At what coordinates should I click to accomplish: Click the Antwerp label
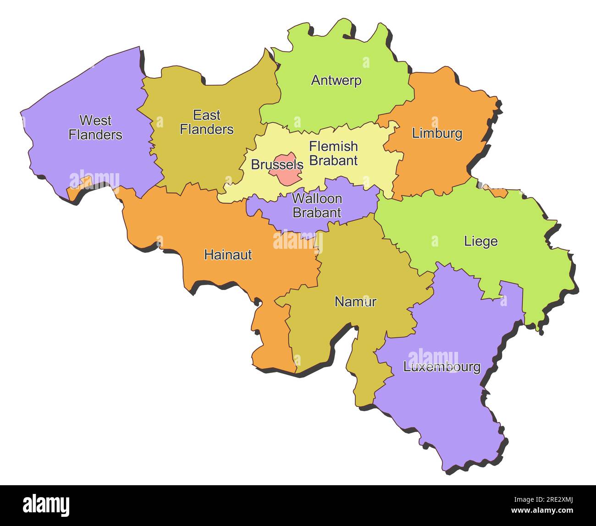coord(336,80)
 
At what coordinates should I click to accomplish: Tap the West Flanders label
coord(95,127)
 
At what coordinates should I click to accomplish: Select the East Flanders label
coord(206,122)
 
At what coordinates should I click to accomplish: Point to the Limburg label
coord(437,133)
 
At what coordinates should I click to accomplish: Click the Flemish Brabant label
coord(333,153)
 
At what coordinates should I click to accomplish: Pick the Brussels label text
coord(277,164)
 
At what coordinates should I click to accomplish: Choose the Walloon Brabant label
coord(317,205)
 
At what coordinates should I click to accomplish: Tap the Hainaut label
coord(228,255)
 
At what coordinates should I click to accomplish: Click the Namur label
coord(355,301)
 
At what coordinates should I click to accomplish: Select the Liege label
coord(480,241)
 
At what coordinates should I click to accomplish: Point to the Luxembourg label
coord(441,367)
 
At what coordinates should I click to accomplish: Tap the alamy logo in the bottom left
coord(46,505)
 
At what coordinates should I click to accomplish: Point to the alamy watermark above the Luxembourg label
coord(433,356)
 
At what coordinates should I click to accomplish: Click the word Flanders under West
coord(95,135)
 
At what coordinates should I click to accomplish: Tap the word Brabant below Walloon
coord(317,213)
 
